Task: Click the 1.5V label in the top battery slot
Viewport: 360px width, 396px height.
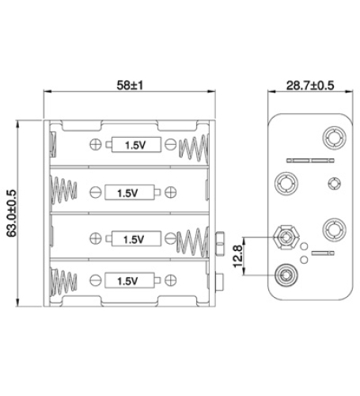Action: pos(136,145)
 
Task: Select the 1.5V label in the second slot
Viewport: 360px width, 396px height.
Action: pos(127,192)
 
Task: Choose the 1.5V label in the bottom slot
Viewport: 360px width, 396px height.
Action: pos(127,280)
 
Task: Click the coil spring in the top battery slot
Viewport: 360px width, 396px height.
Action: pos(193,147)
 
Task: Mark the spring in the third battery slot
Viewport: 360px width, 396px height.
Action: pos(193,238)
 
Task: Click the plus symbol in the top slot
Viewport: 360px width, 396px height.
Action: pos(96,144)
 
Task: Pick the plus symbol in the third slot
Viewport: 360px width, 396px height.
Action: pos(96,238)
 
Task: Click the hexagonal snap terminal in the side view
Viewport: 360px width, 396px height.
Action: pos(284,237)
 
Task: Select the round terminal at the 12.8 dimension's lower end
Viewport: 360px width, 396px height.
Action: pos(284,276)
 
